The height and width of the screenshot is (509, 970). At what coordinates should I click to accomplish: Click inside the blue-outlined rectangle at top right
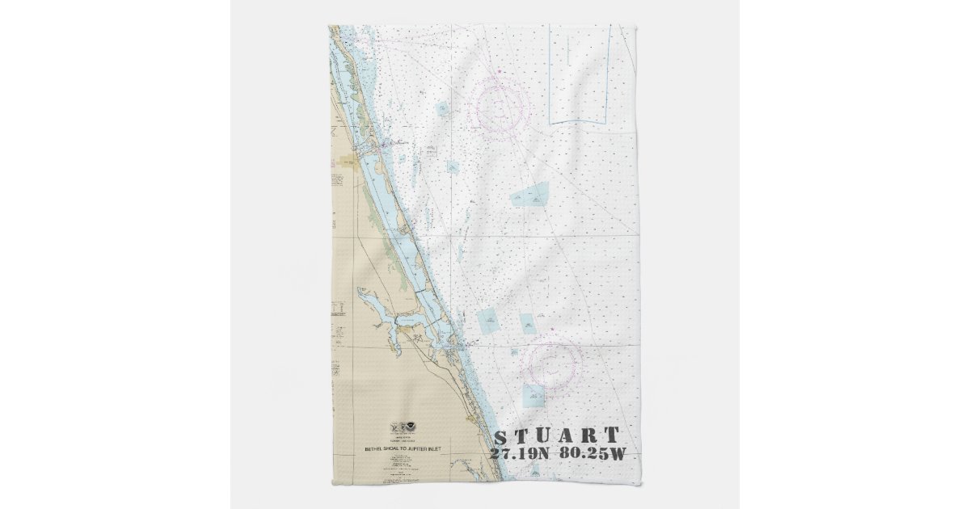(x=579, y=73)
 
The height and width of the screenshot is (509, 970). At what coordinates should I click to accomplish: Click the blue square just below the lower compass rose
(x=533, y=395)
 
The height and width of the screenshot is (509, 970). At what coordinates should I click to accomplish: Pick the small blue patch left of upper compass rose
(x=444, y=109)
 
